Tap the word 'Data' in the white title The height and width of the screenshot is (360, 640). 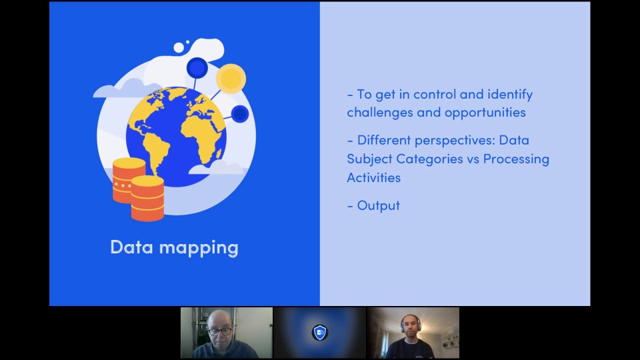pyautogui.click(x=132, y=247)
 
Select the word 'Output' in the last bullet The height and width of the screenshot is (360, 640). pyautogui.click(x=379, y=206)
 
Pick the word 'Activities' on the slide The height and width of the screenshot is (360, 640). pyautogui.click(x=373, y=178)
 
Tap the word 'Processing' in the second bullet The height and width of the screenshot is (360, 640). pyautogui.click(x=516, y=159)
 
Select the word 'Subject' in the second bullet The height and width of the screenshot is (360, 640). pyautogui.click(x=369, y=159)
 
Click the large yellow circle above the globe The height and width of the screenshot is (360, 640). pyautogui.click(x=231, y=79)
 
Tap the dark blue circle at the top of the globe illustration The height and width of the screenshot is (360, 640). pyautogui.click(x=197, y=68)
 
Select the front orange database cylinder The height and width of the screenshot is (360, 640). pyautogui.click(x=147, y=199)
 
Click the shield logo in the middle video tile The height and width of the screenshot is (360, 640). pyautogui.click(x=319, y=333)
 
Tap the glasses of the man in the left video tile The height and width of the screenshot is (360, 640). pyautogui.click(x=219, y=331)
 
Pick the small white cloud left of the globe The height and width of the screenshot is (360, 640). pyautogui.click(x=121, y=89)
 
